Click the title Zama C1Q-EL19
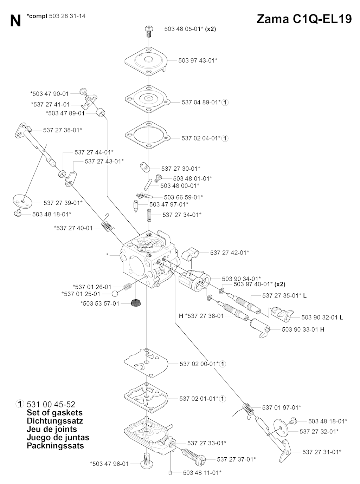[304, 19]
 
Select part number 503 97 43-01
[198, 60]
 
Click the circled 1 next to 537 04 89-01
[225, 102]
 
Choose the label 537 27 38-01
[63, 130]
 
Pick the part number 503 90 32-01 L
[322, 317]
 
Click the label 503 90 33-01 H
[303, 329]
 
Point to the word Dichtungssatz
[55, 421]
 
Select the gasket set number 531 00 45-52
[51, 404]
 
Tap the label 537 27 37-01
[236, 459]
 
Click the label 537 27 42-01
[230, 253]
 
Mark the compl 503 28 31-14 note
[56, 16]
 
